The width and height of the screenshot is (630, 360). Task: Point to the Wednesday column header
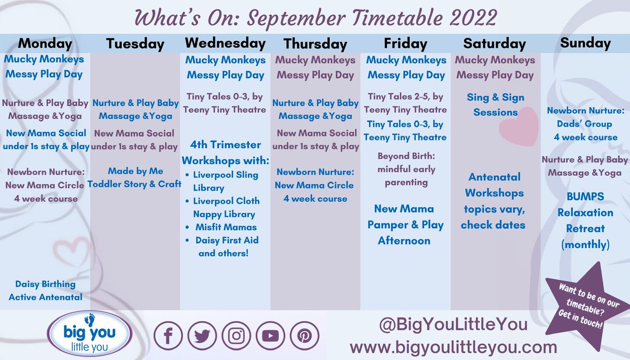pos(225,43)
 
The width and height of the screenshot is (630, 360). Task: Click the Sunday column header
pos(585,43)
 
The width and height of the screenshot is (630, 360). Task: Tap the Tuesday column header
pos(135,44)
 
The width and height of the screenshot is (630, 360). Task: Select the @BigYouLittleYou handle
pos(453,324)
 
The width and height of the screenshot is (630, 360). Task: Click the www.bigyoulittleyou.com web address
pos(453,347)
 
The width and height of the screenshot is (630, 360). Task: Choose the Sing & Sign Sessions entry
pos(495,104)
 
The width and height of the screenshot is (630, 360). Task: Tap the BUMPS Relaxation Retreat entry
pos(585,220)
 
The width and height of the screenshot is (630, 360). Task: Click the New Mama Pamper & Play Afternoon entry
pos(405,225)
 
